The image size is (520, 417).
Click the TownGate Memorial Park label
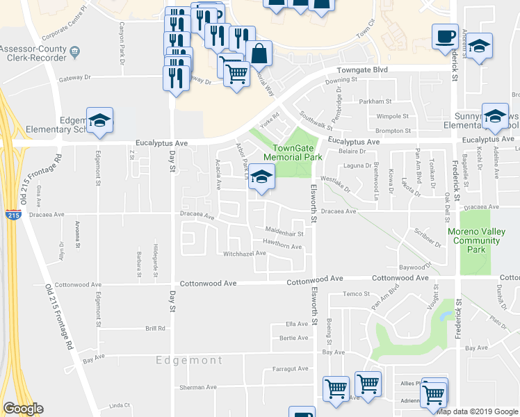pos(297,152)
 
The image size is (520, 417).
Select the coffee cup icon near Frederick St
pos(445,38)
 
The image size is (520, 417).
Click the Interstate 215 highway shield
pos(12,215)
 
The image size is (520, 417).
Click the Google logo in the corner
pos(23,409)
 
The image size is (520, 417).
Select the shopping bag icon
pos(259,54)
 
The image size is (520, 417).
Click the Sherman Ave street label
pos(198,387)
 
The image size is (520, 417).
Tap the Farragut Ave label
pos(290,369)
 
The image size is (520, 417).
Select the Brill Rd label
pos(155,329)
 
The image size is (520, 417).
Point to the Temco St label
pos(356,294)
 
